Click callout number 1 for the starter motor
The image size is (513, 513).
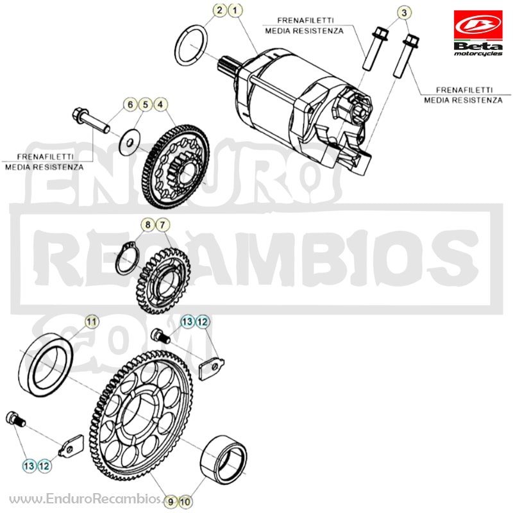235,10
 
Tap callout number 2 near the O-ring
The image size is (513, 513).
219,10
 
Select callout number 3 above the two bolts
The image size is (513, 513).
404,13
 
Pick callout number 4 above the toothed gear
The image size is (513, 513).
160,105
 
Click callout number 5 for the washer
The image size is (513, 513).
146,105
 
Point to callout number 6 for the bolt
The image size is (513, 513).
130,105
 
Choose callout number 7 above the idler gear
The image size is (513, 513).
163,225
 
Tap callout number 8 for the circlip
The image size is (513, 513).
147,225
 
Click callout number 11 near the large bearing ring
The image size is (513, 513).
92,322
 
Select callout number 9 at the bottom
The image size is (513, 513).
170,501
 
